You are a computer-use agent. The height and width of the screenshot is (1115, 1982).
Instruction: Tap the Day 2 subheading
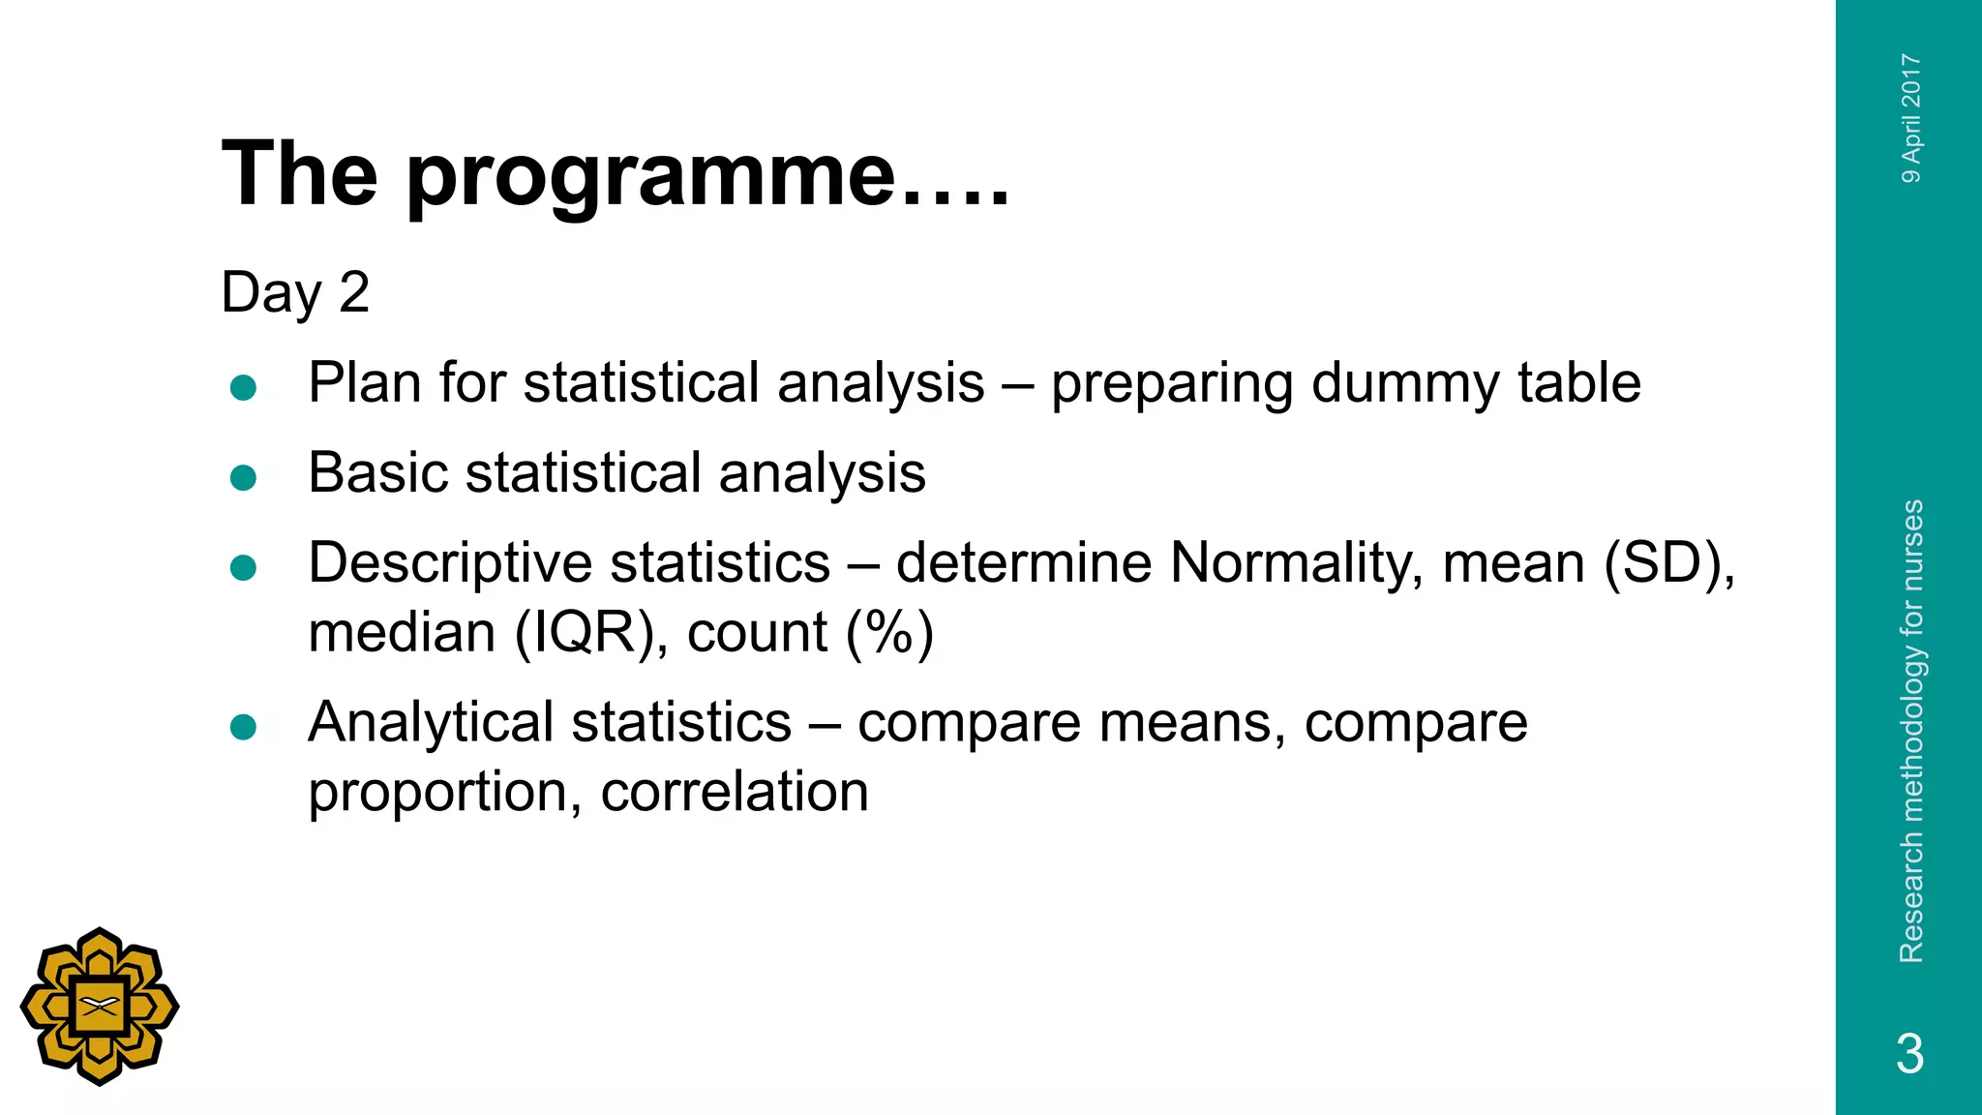point(295,291)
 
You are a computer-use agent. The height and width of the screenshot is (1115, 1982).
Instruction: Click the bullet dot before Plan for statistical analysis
point(244,388)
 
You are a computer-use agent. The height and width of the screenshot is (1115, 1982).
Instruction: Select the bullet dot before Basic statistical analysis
point(244,477)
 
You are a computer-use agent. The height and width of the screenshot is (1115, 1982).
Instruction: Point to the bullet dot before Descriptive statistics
point(244,567)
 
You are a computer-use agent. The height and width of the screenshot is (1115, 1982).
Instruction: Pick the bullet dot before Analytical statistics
point(244,727)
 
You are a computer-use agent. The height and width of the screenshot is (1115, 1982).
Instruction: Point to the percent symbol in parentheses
point(889,633)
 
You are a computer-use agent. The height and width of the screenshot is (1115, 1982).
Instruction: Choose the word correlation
point(735,792)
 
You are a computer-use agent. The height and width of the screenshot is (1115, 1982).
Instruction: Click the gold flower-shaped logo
point(100,1007)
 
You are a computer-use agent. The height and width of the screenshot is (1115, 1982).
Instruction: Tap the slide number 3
point(1909,1053)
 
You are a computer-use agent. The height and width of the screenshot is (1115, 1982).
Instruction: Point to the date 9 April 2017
point(1911,118)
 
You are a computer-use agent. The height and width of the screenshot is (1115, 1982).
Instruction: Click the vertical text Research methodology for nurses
point(1911,731)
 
